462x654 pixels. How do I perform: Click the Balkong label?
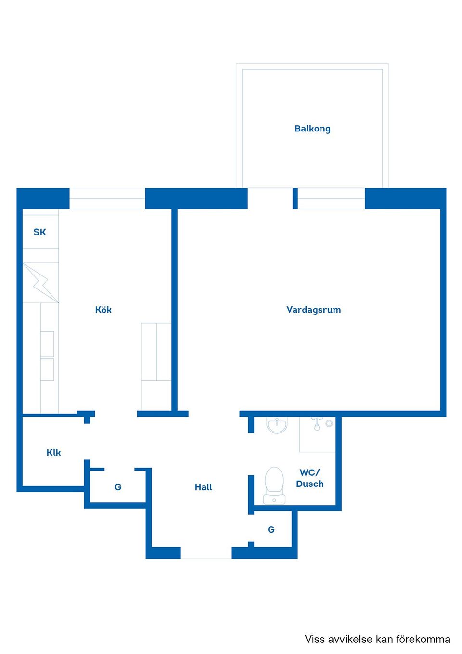coord(312,129)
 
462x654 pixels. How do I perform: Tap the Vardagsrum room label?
coord(313,310)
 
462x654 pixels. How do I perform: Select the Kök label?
coord(103,310)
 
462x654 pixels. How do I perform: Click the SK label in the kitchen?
coord(39,232)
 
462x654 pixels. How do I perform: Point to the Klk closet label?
coord(53,452)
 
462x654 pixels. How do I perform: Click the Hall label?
coord(203,487)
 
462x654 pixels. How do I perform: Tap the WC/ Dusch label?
coord(309,478)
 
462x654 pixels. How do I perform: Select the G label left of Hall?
coord(118,487)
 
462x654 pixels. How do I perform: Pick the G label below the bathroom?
coord(271,529)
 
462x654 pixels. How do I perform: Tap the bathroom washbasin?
coord(277,425)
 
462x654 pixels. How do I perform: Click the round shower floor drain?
coord(329,423)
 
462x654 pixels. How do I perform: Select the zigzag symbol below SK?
coord(41,283)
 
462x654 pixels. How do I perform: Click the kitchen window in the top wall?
coord(107,198)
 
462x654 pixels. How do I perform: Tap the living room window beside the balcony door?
coord(331,198)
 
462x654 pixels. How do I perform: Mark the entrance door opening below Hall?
coord(206,553)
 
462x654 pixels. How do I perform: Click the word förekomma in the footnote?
coord(423,639)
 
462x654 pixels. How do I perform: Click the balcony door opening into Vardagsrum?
coord(270,198)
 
